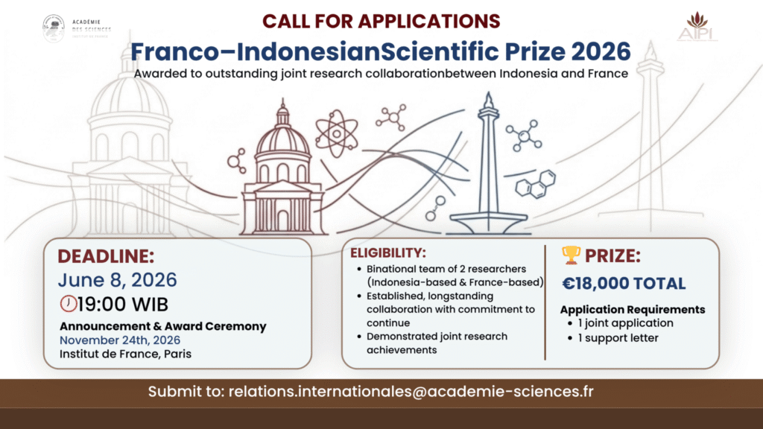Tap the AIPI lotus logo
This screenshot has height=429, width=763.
(x=697, y=28)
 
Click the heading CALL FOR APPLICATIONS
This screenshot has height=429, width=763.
(x=381, y=22)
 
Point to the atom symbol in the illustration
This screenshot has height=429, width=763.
(x=336, y=133)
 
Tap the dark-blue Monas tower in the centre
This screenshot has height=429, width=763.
(x=488, y=165)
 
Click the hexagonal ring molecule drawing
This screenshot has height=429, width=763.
(x=536, y=184)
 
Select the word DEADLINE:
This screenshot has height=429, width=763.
(x=106, y=256)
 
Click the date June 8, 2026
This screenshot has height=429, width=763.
(x=117, y=280)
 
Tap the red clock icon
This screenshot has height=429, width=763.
(x=68, y=304)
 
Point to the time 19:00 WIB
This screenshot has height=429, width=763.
(x=123, y=305)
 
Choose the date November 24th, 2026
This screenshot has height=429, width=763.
(x=120, y=340)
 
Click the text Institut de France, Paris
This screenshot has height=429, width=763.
(x=125, y=354)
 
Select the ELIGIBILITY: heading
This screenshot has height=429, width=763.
(x=387, y=253)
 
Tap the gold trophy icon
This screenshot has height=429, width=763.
(x=571, y=255)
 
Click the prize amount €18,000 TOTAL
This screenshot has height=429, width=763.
(x=624, y=284)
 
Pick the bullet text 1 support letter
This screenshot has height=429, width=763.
(x=618, y=337)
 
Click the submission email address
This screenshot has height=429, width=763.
(x=411, y=392)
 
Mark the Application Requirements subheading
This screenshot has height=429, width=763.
(x=633, y=310)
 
